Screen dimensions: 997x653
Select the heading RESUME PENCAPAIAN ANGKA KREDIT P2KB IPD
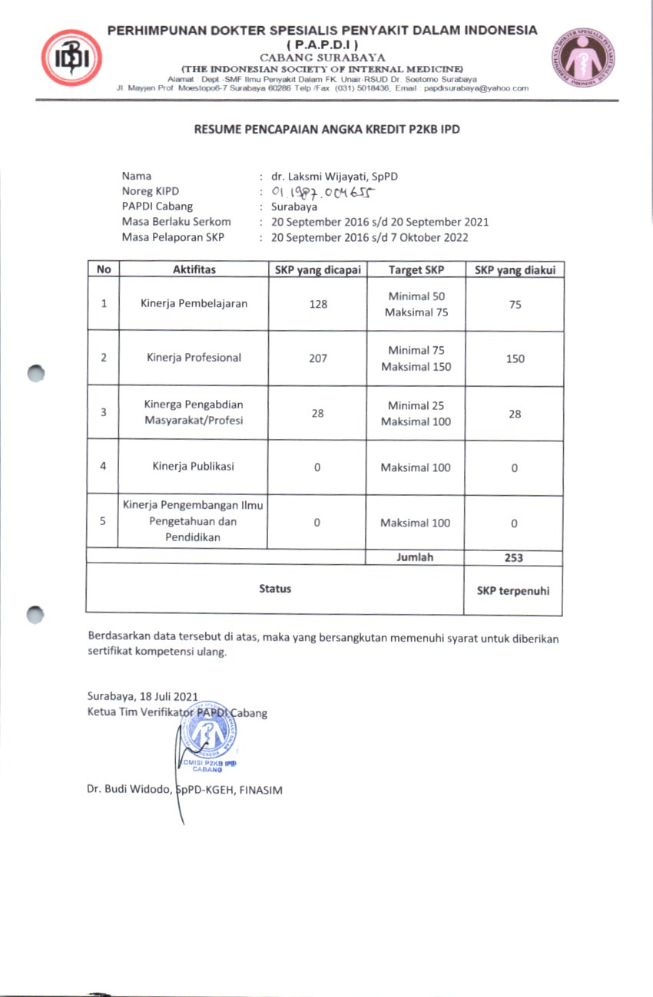click(326, 130)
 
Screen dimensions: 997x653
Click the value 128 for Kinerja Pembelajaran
click(317, 304)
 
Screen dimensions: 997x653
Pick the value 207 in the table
click(317, 358)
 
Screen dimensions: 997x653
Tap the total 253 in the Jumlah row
click(513, 558)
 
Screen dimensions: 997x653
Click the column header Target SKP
click(416, 269)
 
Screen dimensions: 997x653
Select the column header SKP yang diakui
click(514, 269)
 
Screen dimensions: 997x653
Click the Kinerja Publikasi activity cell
click(193, 467)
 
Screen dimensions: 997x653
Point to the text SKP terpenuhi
click(513, 591)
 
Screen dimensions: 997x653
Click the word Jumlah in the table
click(416, 558)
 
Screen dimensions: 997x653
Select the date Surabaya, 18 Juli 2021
click(143, 697)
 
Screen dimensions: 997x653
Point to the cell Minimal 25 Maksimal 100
click(416, 413)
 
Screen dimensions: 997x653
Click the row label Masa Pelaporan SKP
click(173, 237)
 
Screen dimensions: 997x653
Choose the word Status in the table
click(275, 589)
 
